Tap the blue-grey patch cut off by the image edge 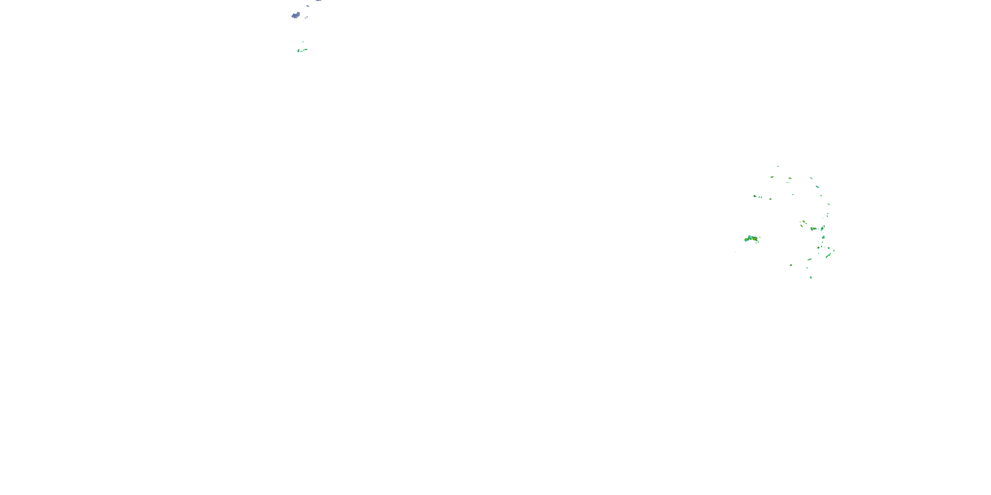(x=318, y=1)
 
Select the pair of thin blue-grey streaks (x=306, y=17)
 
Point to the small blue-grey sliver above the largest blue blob (x=308, y=6)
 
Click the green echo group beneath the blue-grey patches (x=302, y=50)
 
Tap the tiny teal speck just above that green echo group (x=303, y=42)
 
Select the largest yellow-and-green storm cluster (x=751, y=239)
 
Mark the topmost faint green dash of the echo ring (x=778, y=166)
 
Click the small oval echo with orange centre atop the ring (x=790, y=178)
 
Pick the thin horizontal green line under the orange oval (x=788, y=182)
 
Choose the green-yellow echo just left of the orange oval (x=772, y=177)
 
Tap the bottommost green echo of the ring (x=811, y=278)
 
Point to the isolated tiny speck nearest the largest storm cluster (x=736, y=252)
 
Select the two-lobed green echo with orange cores (x=813, y=229)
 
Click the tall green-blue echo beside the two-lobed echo (x=823, y=228)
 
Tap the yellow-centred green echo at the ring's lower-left (x=791, y=265)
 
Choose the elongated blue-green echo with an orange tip (x=809, y=259)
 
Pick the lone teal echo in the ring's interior (x=793, y=194)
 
